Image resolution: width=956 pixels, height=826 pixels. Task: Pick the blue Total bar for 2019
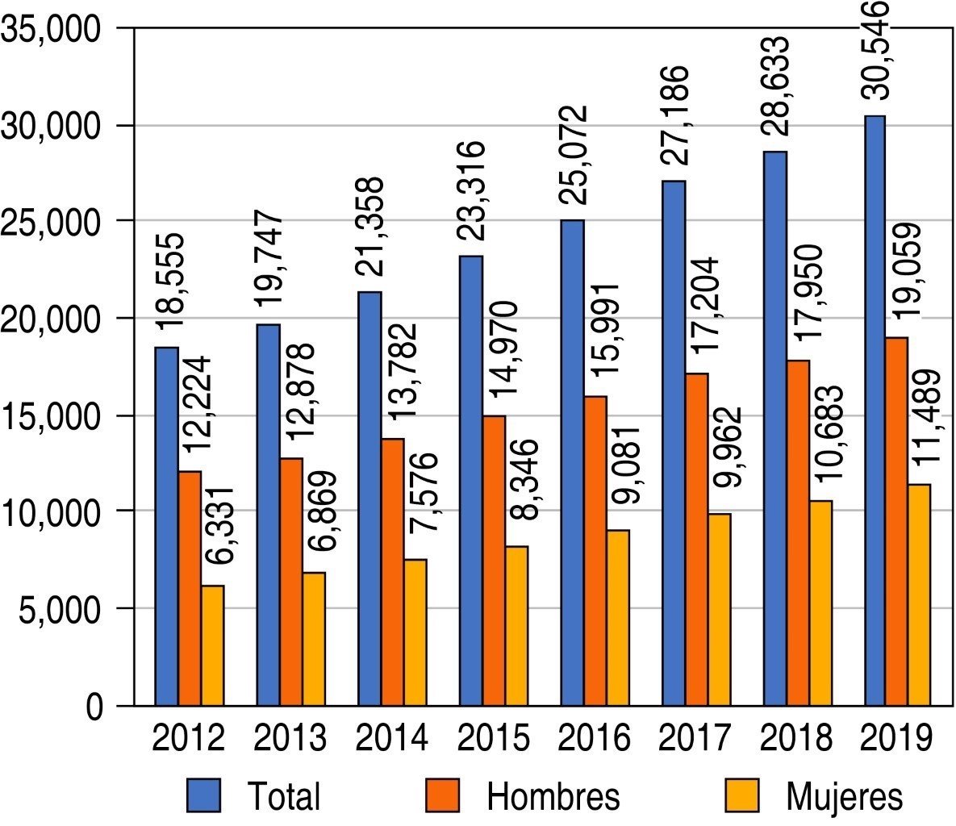(875, 411)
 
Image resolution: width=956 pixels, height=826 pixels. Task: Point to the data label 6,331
(215, 528)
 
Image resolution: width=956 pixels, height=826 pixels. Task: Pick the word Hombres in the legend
(553, 796)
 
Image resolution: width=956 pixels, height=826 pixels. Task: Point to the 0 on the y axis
(95, 707)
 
